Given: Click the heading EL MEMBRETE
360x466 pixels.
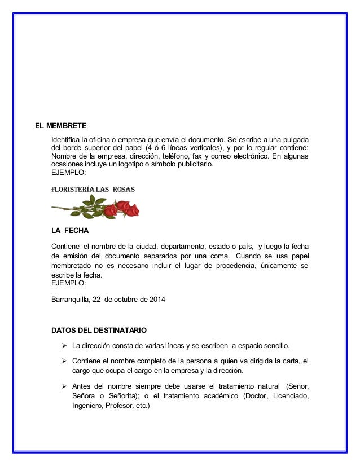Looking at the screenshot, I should click(x=58, y=125).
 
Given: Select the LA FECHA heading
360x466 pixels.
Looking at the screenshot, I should click(x=70, y=231).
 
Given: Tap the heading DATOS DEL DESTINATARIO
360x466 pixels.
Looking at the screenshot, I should click(x=100, y=330).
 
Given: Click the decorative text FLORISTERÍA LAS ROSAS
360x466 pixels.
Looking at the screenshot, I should click(x=93, y=190).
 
